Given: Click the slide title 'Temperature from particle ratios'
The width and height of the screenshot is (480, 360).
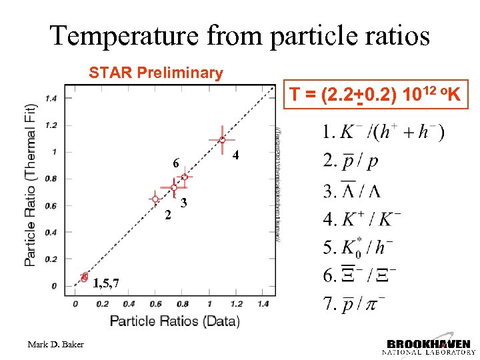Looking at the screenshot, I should pyautogui.click(x=240, y=35).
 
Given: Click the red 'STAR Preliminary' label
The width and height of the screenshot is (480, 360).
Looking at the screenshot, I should pyautogui.click(x=156, y=73).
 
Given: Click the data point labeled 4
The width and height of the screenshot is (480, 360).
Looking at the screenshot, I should pyautogui.click(x=222, y=140).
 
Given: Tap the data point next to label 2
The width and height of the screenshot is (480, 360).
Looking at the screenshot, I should pyautogui.click(x=155, y=199).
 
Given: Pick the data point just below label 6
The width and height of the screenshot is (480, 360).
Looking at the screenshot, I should pyautogui.click(x=185, y=177).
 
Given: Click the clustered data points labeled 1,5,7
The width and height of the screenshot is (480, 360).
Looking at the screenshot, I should pyautogui.click(x=84, y=277).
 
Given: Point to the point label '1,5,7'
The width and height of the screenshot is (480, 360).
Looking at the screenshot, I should pyautogui.click(x=107, y=284).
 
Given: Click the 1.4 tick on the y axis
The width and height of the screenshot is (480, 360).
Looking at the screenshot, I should pyautogui.click(x=51, y=98).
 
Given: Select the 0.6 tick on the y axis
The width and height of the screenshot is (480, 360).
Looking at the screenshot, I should pyautogui.click(x=51, y=205).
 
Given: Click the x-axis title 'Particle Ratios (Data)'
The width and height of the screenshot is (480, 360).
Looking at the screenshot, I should pyautogui.click(x=175, y=321).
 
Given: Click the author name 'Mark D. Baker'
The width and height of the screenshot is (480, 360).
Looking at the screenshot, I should pyautogui.click(x=56, y=344).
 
